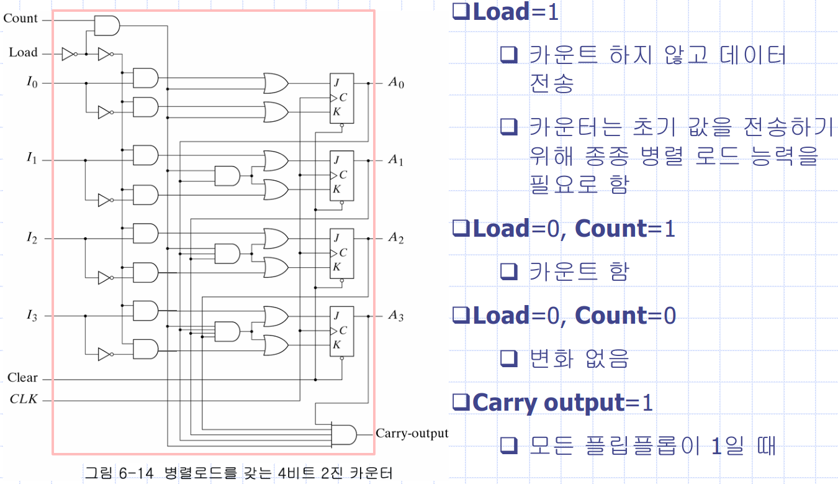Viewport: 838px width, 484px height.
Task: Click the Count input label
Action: coord(20,19)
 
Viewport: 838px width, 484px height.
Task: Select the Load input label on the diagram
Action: coord(23,53)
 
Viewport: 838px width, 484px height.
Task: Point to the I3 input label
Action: coord(32,316)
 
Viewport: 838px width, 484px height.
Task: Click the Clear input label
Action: coord(22,378)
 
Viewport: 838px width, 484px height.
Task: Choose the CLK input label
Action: coord(24,399)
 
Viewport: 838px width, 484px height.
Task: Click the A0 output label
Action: coord(396,83)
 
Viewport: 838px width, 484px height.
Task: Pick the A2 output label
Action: coord(396,239)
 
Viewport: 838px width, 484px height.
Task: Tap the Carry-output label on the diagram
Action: coord(412,433)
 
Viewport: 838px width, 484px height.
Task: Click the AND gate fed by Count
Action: coord(107,25)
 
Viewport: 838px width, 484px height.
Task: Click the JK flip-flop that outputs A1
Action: coord(341,175)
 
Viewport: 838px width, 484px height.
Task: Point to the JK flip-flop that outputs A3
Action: coord(341,331)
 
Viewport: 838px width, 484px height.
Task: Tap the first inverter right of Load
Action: coord(70,55)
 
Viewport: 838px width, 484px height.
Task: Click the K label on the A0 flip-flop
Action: coord(336,112)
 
